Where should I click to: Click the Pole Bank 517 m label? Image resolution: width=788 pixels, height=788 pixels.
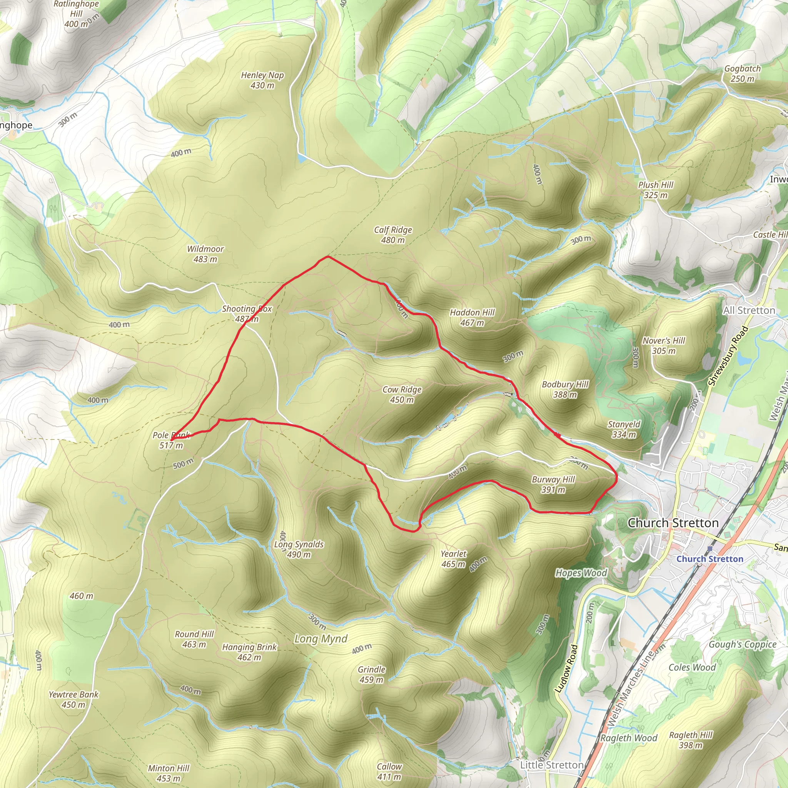[x=171, y=441]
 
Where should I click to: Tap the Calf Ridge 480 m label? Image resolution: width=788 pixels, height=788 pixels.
[x=393, y=235]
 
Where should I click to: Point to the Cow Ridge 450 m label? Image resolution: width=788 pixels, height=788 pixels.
[x=402, y=394]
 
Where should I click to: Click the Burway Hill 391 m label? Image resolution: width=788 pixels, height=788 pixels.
[x=553, y=484]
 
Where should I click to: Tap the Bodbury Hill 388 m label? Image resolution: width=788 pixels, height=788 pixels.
[x=565, y=389]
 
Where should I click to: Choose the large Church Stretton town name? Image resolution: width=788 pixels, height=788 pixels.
[x=673, y=523]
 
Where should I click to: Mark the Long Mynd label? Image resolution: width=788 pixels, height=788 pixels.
[x=321, y=639]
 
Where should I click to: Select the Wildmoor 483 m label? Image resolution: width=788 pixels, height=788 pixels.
[x=205, y=254]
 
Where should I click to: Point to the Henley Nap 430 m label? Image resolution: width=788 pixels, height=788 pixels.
[x=262, y=80]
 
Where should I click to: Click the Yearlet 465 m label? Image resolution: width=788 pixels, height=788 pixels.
[x=453, y=559]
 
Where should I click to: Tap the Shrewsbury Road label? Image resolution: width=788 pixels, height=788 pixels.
[x=728, y=356]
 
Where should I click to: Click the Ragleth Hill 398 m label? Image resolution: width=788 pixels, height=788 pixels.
[x=691, y=740]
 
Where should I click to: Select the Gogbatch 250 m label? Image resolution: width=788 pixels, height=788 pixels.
[x=742, y=73]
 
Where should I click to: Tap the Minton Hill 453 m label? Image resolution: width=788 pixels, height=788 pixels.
[x=169, y=773]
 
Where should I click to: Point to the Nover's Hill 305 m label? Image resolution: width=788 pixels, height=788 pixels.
[x=664, y=346]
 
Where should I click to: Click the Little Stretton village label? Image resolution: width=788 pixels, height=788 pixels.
[x=551, y=765]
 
